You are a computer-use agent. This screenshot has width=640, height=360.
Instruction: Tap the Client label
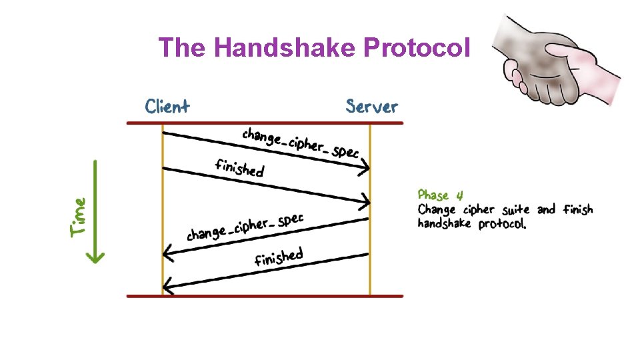point(167,107)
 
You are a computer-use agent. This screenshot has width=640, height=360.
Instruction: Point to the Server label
point(371,107)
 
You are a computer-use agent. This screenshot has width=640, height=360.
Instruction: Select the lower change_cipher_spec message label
point(245,227)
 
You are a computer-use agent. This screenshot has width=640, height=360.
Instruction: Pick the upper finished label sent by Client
point(239,167)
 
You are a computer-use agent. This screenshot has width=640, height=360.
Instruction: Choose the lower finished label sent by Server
point(279,257)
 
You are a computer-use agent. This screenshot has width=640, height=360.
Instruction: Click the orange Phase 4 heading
point(440,195)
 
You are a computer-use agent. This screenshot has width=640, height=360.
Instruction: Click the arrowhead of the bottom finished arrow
point(167,287)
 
